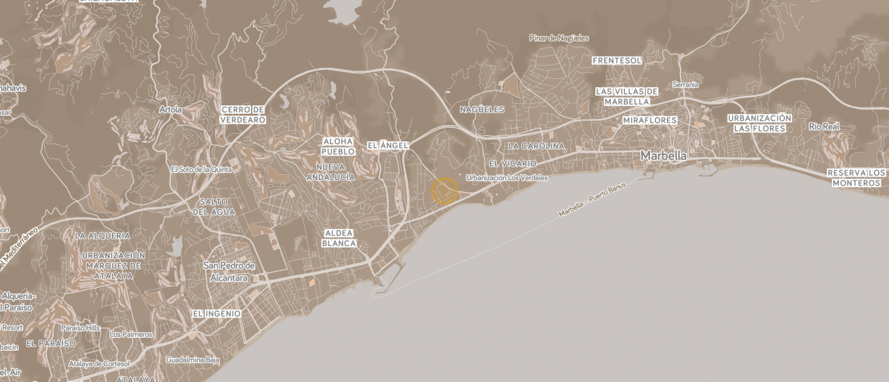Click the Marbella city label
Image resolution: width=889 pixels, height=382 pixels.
(663, 156)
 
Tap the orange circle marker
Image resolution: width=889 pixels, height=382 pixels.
(444, 191)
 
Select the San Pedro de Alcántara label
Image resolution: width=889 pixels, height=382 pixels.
(229, 271)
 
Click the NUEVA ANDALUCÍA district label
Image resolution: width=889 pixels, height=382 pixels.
(330, 172)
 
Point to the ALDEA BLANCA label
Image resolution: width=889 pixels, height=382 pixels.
(339, 238)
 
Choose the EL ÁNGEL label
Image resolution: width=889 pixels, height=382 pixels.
(387, 145)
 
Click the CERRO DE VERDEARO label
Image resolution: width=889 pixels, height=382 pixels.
(242, 114)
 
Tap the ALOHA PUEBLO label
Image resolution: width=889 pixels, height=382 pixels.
(337, 146)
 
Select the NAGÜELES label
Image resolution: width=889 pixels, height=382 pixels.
(482, 109)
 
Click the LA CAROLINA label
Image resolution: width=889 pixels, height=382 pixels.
(535, 146)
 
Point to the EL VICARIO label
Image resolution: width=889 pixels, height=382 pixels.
(512, 164)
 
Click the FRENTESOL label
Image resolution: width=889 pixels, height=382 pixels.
(616, 60)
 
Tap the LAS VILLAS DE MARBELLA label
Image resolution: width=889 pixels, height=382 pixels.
(626, 97)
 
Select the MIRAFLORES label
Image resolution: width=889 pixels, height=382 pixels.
(649, 120)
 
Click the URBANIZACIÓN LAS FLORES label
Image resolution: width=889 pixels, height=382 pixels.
(759, 123)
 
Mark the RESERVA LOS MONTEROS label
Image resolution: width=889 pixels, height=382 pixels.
(856, 177)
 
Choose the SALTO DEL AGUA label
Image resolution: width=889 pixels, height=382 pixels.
(214, 207)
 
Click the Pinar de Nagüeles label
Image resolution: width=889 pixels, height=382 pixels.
(559, 38)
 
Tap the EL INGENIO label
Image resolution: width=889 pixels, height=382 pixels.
(216, 313)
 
